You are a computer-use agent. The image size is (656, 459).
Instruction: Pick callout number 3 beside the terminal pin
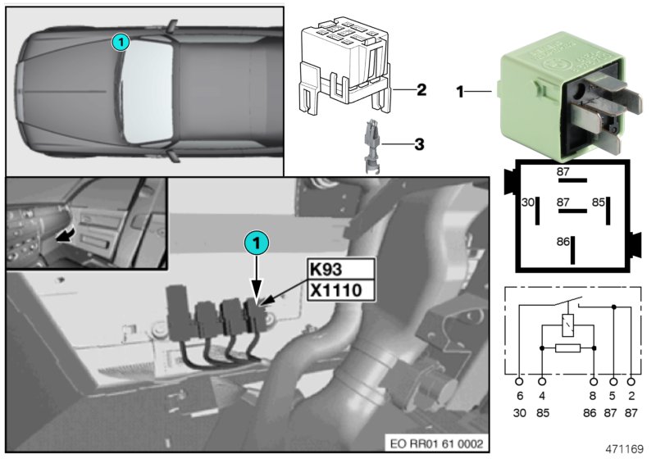tap(419, 145)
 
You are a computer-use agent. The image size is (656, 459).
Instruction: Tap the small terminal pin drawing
tap(369, 146)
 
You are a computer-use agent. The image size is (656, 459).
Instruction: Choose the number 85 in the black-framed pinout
tap(599, 201)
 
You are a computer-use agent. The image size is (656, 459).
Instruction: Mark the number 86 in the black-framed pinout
tap(563, 243)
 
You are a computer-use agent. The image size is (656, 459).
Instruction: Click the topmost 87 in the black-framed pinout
tap(563, 171)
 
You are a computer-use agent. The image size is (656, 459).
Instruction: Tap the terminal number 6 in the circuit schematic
tap(519, 396)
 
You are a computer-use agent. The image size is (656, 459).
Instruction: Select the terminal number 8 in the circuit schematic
tap(593, 396)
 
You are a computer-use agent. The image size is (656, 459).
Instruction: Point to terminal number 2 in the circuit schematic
tap(631, 396)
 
